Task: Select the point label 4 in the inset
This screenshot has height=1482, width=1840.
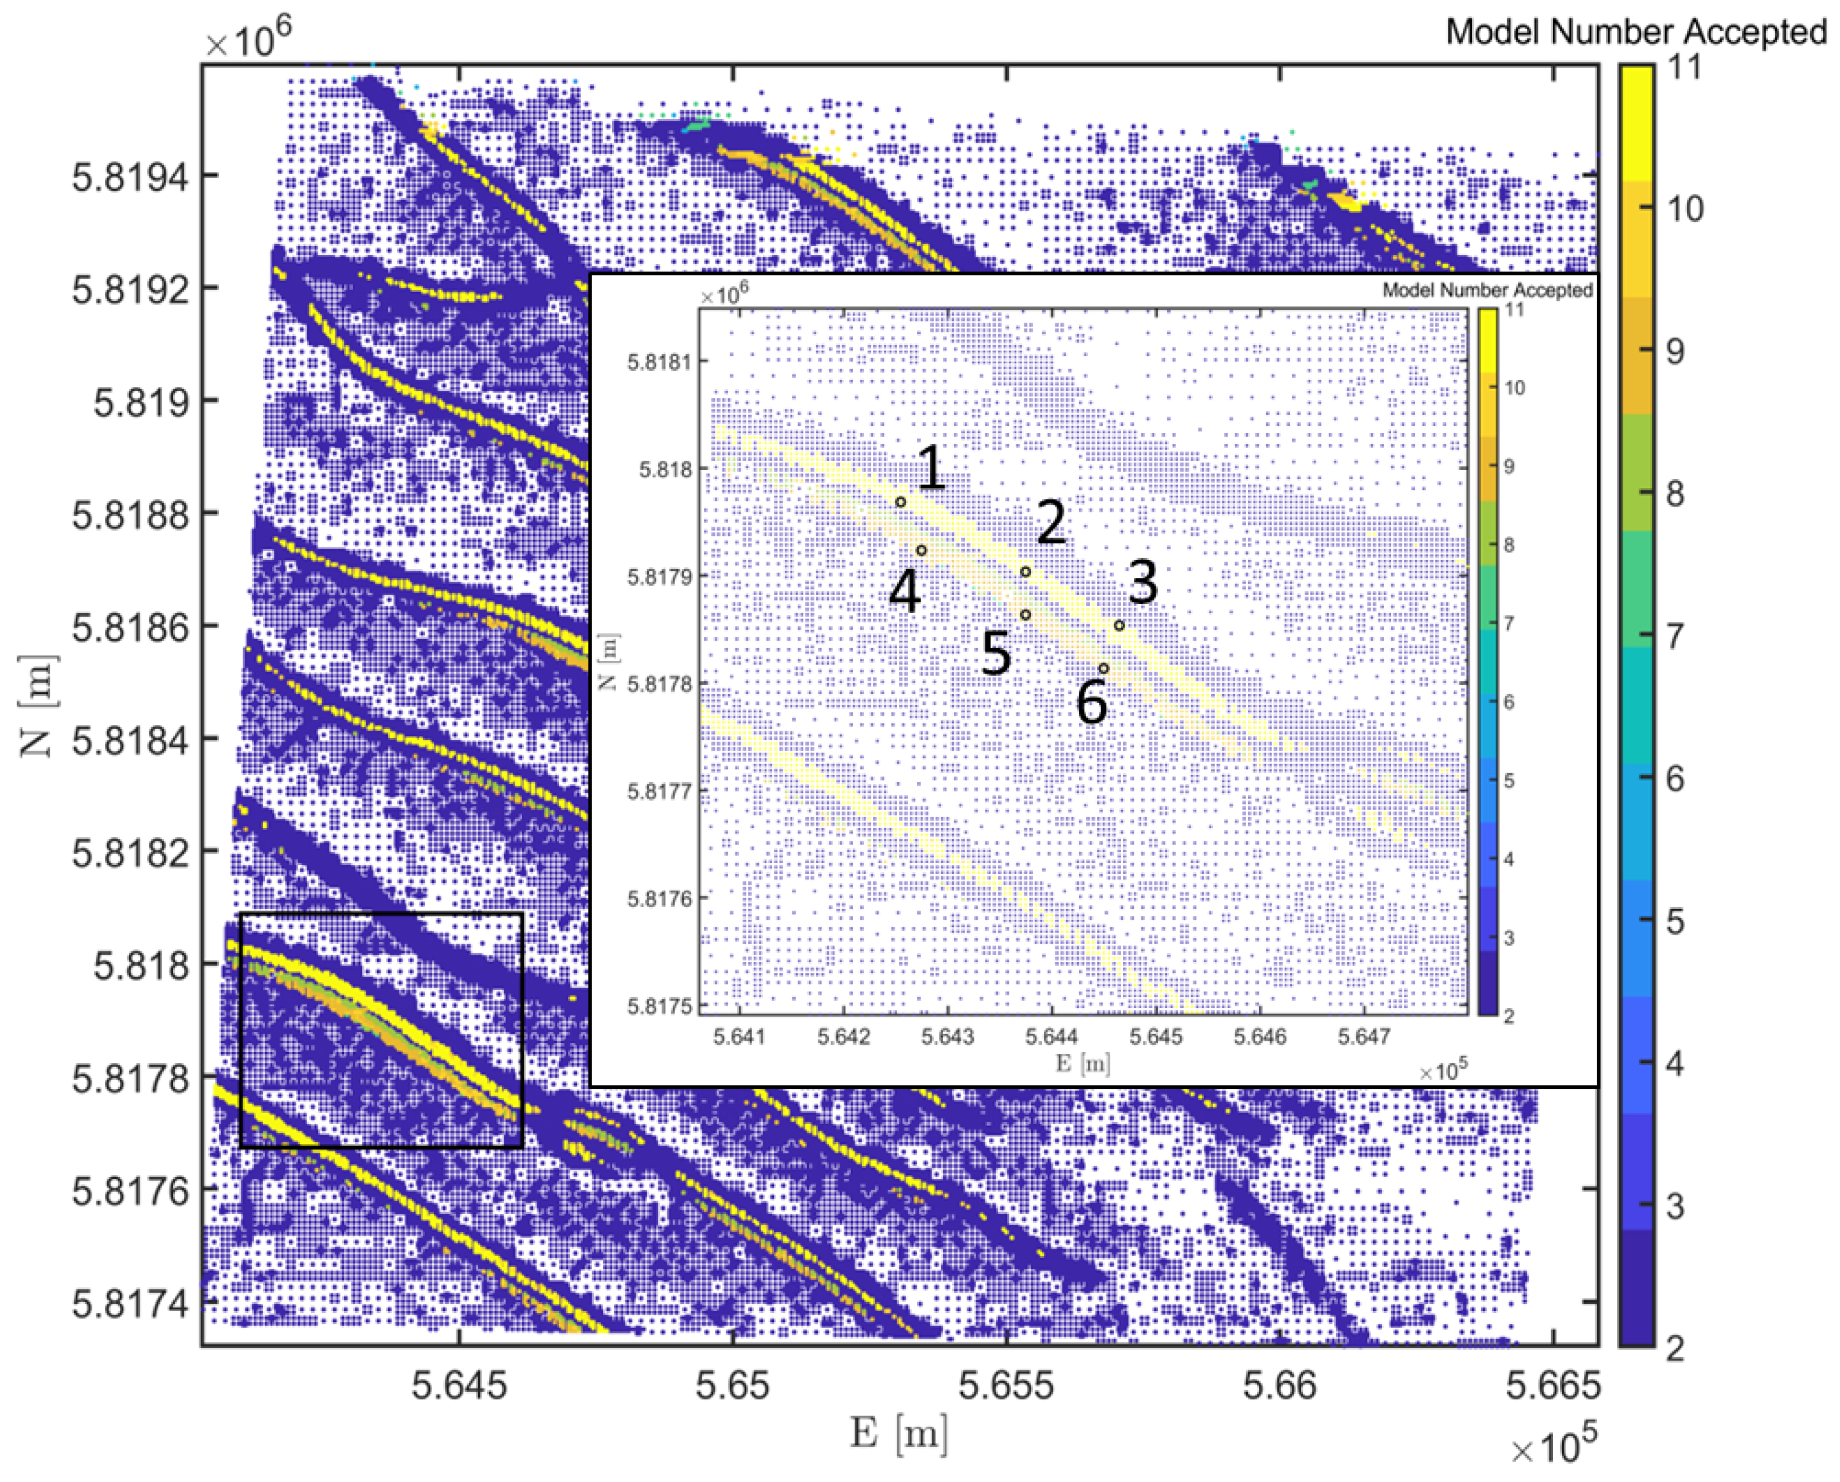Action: [x=905, y=591]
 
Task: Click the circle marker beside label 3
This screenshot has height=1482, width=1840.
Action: [x=1118, y=626]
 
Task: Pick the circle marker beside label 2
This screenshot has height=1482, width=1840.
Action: [x=1025, y=571]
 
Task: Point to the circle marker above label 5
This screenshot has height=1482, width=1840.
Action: [x=1025, y=615]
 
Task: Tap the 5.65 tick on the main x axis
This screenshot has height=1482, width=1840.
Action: [x=733, y=1385]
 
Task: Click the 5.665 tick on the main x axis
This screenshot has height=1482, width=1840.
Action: [x=1552, y=1385]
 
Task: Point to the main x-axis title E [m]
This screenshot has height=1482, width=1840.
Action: [x=899, y=1433]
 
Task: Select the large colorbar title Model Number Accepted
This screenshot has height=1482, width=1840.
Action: [x=1635, y=32]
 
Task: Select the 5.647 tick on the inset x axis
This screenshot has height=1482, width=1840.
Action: [x=1364, y=1036]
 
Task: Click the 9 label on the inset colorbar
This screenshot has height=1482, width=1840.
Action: [x=1509, y=466]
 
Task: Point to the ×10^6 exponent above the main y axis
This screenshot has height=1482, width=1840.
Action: [x=248, y=38]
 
